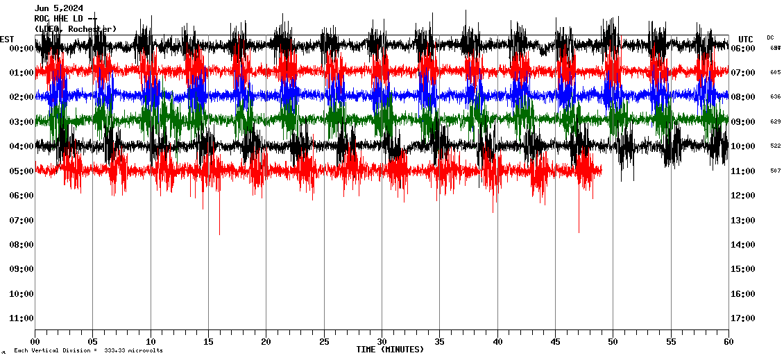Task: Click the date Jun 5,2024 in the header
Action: [59, 8]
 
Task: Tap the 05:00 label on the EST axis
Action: [22, 171]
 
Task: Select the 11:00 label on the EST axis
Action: [22, 318]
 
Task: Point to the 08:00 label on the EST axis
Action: [22, 245]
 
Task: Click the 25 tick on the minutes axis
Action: [324, 341]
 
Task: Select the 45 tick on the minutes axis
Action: [555, 341]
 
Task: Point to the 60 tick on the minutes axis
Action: [728, 341]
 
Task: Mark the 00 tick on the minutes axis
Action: [35, 341]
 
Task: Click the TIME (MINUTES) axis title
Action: [390, 350]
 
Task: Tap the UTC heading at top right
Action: [746, 39]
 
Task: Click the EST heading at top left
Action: [7, 39]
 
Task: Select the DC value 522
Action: [775, 146]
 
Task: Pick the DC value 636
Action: [775, 97]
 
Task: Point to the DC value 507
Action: [775, 171]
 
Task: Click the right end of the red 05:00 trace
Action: [601, 170]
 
